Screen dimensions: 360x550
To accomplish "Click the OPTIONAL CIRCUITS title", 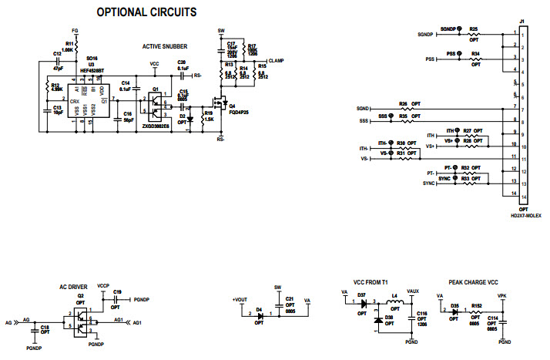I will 146,12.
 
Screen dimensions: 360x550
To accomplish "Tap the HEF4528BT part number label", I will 91,69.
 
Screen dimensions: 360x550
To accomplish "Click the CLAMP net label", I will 277,60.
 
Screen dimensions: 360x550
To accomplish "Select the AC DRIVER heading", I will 75,287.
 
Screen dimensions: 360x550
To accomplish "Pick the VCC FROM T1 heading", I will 369,283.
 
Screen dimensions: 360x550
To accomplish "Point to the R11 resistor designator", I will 69,43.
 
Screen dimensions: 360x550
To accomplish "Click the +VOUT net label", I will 241,299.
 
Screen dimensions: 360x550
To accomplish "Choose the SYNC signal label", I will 430,183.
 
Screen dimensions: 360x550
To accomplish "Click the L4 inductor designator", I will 394,295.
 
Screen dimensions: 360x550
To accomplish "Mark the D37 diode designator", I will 361,295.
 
